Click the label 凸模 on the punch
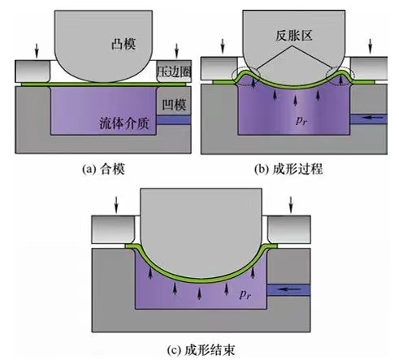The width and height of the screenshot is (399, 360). [124, 44]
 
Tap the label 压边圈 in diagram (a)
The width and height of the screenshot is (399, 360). [175, 72]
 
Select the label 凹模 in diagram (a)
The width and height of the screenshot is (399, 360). [174, 105]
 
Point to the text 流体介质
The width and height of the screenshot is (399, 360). [124, 124]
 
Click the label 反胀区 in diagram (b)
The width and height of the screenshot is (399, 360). [294, 36]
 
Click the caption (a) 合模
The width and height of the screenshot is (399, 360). [103, 170]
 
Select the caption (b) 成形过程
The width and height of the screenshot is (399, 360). [288, 169]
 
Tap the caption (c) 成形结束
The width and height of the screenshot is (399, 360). [201, 350]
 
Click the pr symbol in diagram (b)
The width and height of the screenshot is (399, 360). [301, 120]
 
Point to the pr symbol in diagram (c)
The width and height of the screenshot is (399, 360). [245, 294]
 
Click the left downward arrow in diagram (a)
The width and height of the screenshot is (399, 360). [37, 50]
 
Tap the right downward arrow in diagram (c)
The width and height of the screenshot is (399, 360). [291, 205]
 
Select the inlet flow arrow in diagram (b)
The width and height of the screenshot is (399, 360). [373, 118]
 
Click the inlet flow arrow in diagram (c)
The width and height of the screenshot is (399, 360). [290, 289]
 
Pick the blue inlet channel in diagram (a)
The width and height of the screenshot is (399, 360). [174, 119]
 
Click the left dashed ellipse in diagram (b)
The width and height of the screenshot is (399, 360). [246, 77]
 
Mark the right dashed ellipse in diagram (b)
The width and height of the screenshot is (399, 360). [340, 76]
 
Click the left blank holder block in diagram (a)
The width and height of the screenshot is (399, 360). [33, 72]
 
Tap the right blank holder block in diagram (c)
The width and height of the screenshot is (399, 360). [288, 229]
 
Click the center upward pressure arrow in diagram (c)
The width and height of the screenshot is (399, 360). [200, 293]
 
